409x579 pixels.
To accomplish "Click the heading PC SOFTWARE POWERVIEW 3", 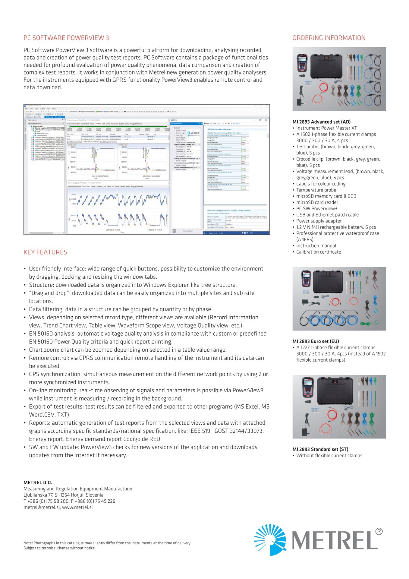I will [66, 38].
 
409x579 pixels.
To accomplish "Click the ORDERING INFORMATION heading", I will [329, 38].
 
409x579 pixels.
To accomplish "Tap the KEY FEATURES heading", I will [46, 252].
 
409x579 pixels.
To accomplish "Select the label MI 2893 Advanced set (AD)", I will [321, 122].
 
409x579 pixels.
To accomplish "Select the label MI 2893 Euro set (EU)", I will [316, 341].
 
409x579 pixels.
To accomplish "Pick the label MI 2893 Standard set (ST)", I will [320, 449].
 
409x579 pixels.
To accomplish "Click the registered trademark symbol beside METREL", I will [379, 531].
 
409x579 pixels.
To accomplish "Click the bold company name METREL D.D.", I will [38, 482].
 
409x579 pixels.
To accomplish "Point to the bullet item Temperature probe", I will [316, 190].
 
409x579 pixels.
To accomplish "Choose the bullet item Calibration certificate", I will [319, 252].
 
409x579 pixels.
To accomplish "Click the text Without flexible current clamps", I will [329, 456].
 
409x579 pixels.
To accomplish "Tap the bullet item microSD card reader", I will [317, 202].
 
